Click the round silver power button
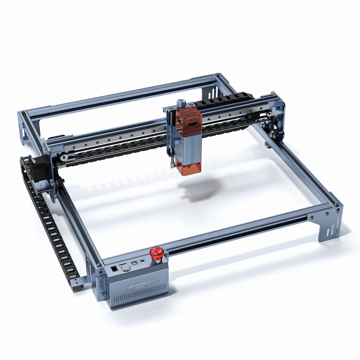[125, 268]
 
